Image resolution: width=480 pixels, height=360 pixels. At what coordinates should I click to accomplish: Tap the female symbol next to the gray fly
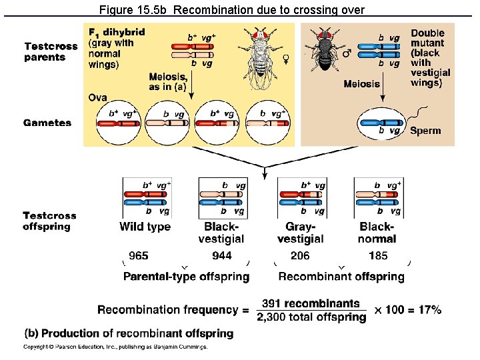pos(286,59)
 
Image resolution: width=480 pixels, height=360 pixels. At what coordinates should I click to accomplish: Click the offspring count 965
pos(139,256)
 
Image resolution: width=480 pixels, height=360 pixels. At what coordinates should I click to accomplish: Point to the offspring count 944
pos(222,256)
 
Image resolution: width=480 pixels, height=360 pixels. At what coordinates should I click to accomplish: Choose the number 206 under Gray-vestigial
pos(300,256)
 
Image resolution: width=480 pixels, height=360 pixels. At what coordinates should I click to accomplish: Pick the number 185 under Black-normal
pos(378,256)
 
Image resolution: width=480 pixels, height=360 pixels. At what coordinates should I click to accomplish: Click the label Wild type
pos(145,227)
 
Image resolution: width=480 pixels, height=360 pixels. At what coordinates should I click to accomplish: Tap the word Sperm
pos(425,131)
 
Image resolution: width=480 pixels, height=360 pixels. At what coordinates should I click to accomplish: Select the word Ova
pos(97,98)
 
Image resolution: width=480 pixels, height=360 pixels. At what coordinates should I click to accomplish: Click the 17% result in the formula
pos(426,310)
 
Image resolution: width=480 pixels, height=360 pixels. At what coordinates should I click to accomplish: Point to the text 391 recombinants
pos(311,303)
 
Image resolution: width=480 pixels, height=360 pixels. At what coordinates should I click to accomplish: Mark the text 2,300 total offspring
pos(311,318)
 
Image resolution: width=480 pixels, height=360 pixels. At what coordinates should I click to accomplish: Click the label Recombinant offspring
pos(341,276)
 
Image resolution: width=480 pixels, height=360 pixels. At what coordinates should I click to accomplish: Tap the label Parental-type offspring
pos(187,276)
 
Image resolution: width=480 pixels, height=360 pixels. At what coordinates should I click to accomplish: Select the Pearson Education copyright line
pos(115,347)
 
